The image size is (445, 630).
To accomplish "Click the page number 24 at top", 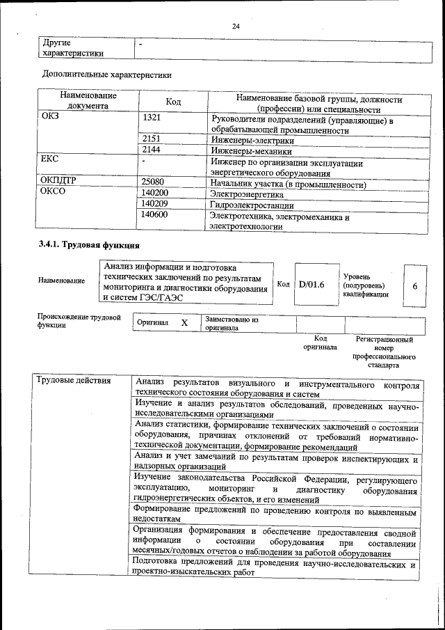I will click(x=236, y=26).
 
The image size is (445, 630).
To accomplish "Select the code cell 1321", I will click(x=152, y=117).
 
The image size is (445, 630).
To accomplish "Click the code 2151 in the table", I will click(x=152, y=139).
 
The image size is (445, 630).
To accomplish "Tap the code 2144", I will click(x=152, y=150).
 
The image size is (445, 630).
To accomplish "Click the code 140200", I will click(x=154, y=194).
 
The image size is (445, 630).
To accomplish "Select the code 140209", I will click(x=154, y=205).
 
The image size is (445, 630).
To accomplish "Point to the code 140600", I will click(x=154, y=216).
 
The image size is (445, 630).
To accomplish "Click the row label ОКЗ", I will click(x=51, y=117).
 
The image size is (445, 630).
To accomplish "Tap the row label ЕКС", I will click(x=49, y=160).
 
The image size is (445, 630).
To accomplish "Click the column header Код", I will click(x=173, y=102).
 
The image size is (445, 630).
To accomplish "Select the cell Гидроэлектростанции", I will click(x=252, y=206).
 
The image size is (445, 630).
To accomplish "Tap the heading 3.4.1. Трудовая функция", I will click(x=89, y=244).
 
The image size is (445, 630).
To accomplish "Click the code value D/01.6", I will click(x=311, y=284).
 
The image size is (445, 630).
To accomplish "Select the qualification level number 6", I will click(x=415, y=285).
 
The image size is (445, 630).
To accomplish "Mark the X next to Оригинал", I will click(x=184, y=323).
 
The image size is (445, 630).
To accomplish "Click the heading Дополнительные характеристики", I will click(x=107, y=74).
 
